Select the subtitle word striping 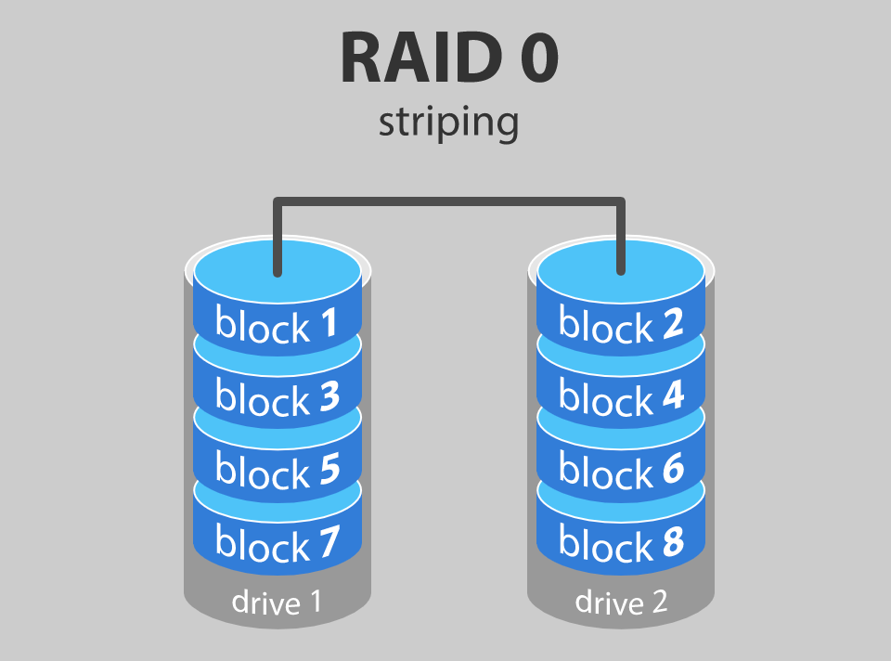click(448, 123)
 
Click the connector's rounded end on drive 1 click(277, 271)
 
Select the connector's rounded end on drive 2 click(621, 271)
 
